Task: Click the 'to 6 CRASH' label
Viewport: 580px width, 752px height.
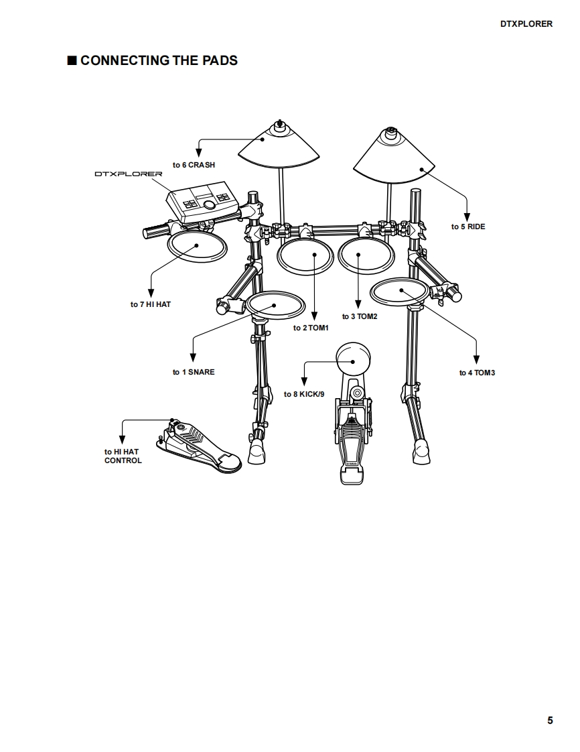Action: (x=194, y=165)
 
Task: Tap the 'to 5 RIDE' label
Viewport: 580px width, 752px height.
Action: (x=468, y=227)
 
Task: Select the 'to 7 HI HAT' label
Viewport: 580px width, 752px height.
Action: (x=151, y=304)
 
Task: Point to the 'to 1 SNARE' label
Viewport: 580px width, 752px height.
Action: (x=194, y=372)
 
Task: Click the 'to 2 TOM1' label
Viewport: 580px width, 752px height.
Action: (x=311, y=328)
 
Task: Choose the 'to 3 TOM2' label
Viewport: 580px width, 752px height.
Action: (x=360, y=316)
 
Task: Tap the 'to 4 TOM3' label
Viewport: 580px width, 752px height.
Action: (x=477, y=373)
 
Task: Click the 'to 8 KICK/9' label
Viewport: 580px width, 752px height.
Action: (x=304, y=394)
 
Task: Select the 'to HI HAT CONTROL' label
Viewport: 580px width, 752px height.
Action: (x=123, y=456)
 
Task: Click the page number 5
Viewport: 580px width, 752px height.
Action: (x=550, y=720)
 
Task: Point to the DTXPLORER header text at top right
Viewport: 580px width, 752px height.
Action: (x=526, y=23)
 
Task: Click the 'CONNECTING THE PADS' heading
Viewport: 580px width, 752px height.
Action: (x=159, y=60)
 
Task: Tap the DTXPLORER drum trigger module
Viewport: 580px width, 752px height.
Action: (x=203, y=200)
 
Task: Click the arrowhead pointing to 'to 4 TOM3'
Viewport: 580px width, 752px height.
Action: (x=477, y=360)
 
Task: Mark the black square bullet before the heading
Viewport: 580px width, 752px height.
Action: (x=72, y=61)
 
